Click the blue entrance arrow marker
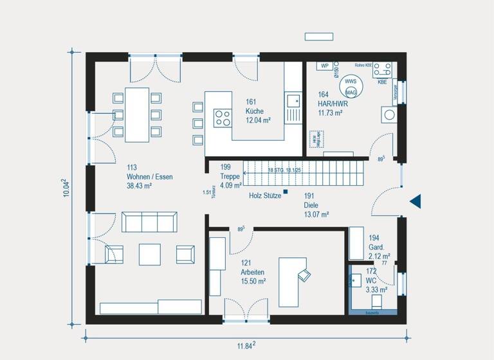tap(416, 201)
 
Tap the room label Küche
tap(255, 111)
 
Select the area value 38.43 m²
tap(139, 186)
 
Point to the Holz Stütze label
tap(265, 195)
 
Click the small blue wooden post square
tap(286, 192)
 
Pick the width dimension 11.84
tap(245, 345)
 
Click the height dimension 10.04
tap(67, 187)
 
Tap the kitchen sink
tap(293, 100)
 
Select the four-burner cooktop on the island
tap(223, 117)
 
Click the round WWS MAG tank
tap(351, 87)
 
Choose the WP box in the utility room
tap(325, 66)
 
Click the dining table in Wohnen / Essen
tap(137, 114)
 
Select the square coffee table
tap(149, 253)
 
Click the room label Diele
tap(313, 206)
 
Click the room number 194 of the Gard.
tap(374, 238)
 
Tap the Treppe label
tap(230, 177)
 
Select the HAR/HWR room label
tap(333, 104)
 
